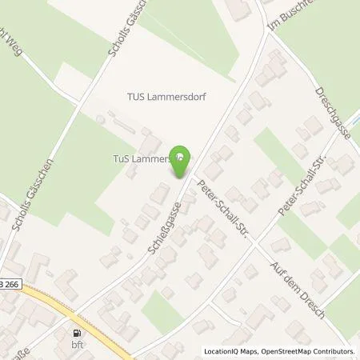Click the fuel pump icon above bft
[x=77, y=334]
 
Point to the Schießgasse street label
[x=162, y=227]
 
